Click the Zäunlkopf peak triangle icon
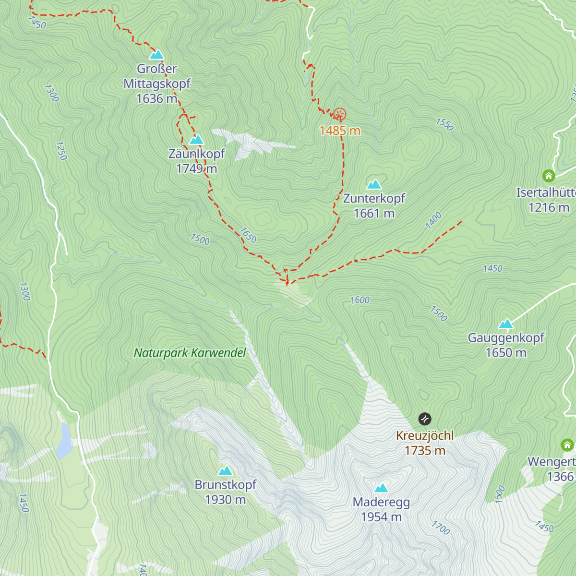point(196,140)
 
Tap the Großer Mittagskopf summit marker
point(156,54)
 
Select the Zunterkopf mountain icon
point(374,184)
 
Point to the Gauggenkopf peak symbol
point(506,324)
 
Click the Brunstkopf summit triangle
point(225,471)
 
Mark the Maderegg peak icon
point(381,488)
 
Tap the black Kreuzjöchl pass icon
point(425,419)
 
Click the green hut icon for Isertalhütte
point(549,176)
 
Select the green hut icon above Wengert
point(567,445)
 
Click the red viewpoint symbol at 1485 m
point(340,114)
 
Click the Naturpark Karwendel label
point(190,353)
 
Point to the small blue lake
point(64,441)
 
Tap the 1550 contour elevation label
point(444,124)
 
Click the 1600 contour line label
point(360,300)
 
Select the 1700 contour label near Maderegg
point(441,528)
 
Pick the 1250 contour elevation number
point(61,150)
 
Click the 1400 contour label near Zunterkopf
point(433,220)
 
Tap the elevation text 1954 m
point(381,517)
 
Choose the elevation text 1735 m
point(425,451)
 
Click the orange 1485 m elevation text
point(340,131)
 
